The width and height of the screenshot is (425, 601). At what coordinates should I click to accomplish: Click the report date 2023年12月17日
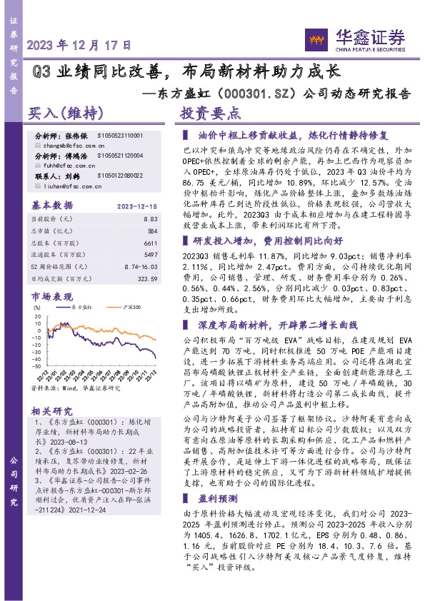[79, 44]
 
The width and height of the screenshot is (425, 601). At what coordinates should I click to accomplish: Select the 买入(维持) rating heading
[66, 113]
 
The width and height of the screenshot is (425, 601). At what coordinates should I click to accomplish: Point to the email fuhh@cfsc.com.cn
[59, 164]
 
